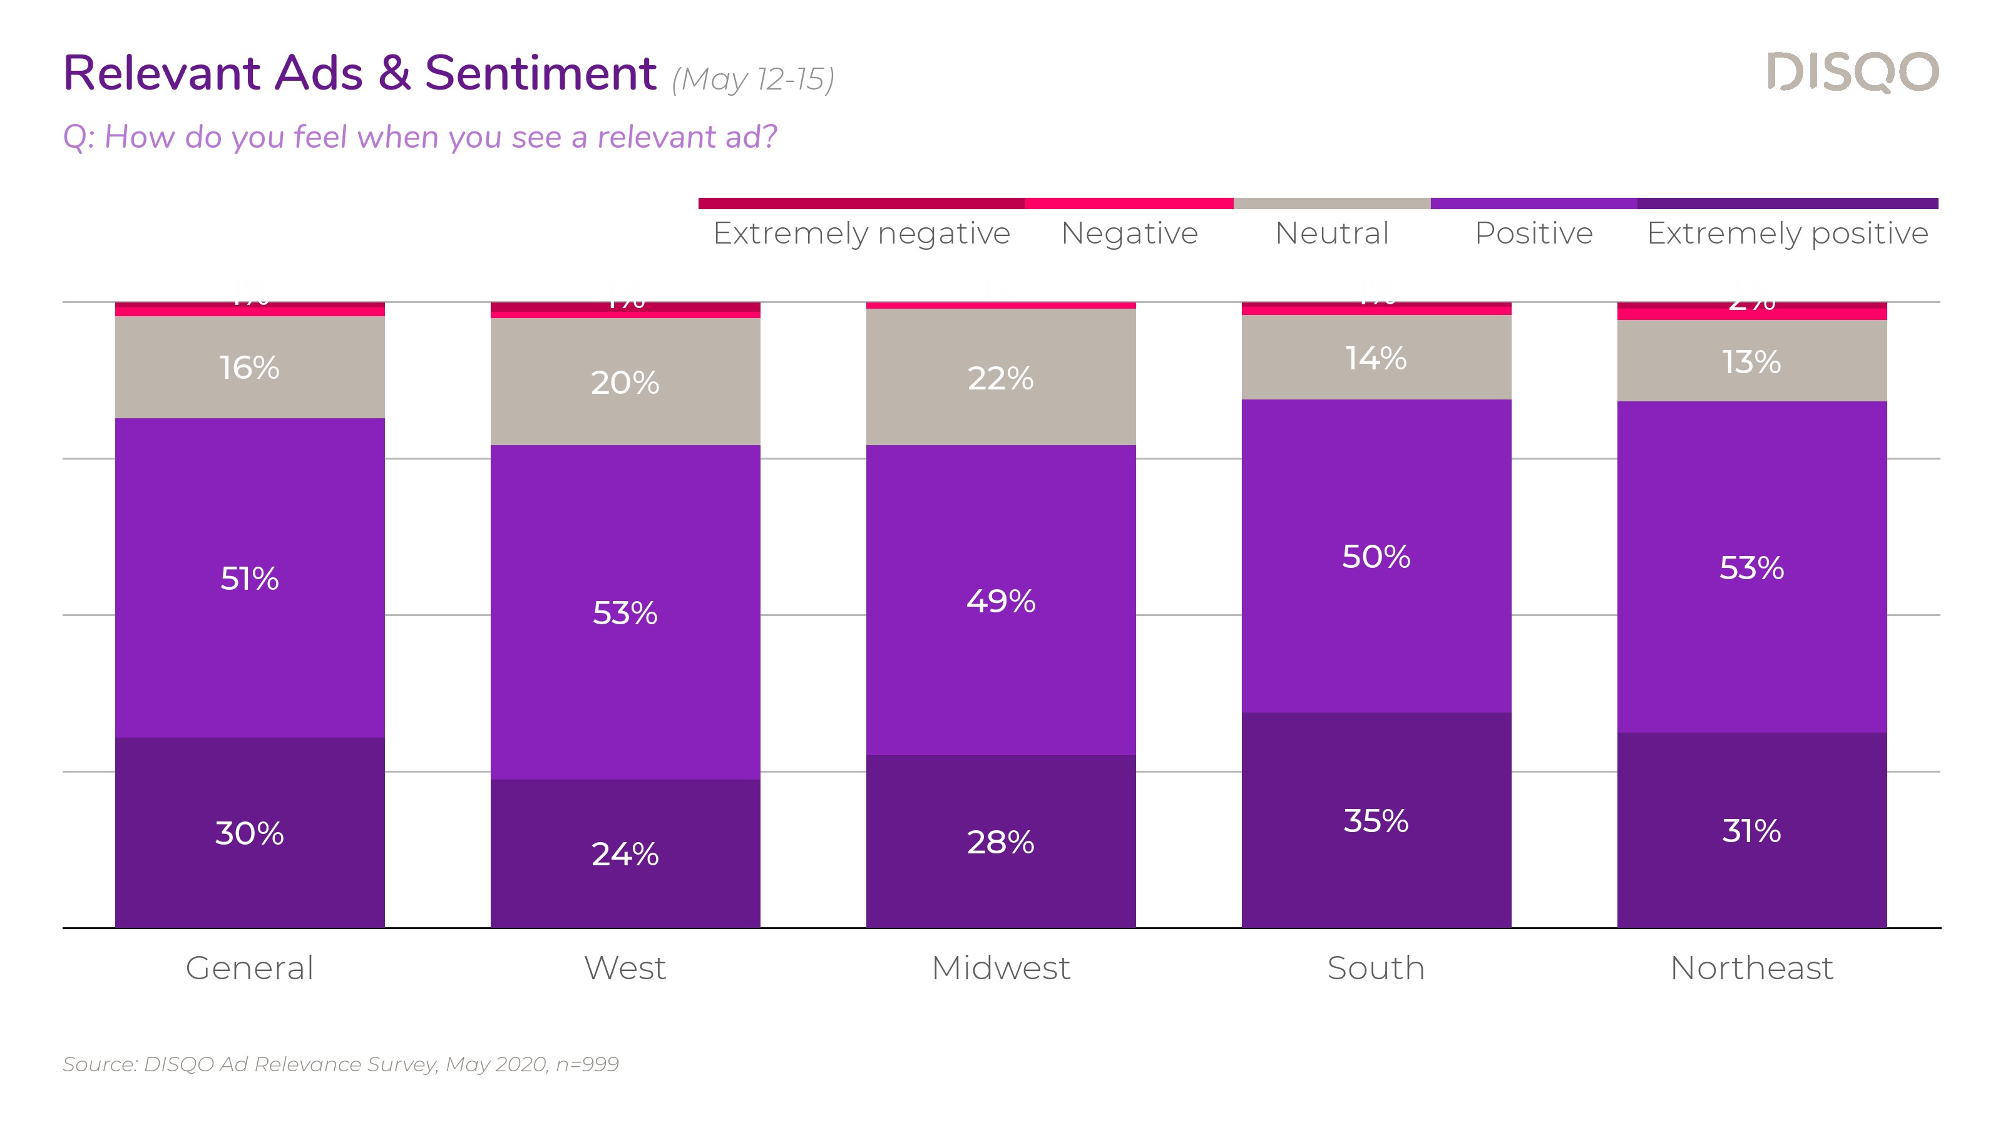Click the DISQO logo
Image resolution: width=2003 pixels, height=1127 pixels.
(x=1852, y=73)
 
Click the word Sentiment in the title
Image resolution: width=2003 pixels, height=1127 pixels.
(x=540, y=73)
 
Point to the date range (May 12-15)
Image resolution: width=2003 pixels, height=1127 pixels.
(x=752, y=80)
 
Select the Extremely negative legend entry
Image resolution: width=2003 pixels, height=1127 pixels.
(x=861, y=232)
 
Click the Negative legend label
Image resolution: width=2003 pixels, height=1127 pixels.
(x=1129, y=232)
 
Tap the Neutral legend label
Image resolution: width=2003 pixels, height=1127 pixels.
(x=1331, y=232)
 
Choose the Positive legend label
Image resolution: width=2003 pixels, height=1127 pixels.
(x=1534, y=232)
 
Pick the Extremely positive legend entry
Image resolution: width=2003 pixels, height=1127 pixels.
(x=1787, y=232)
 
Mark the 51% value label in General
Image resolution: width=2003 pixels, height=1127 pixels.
(x=250, y=579)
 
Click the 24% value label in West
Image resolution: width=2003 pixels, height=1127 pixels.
(x=625, y=854)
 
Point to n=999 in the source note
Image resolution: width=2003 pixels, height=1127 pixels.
(x=587, y=1064)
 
